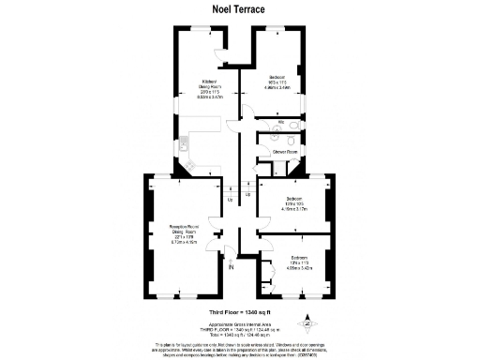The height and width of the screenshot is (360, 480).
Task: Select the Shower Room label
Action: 285,152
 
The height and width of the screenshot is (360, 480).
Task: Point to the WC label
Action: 282,123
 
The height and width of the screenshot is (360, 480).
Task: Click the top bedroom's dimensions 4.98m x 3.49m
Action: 277,87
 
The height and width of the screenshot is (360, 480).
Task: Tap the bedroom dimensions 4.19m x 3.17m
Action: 294,209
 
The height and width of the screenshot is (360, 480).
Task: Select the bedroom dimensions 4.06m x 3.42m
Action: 299,268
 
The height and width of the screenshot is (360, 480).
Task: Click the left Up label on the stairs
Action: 231,199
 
